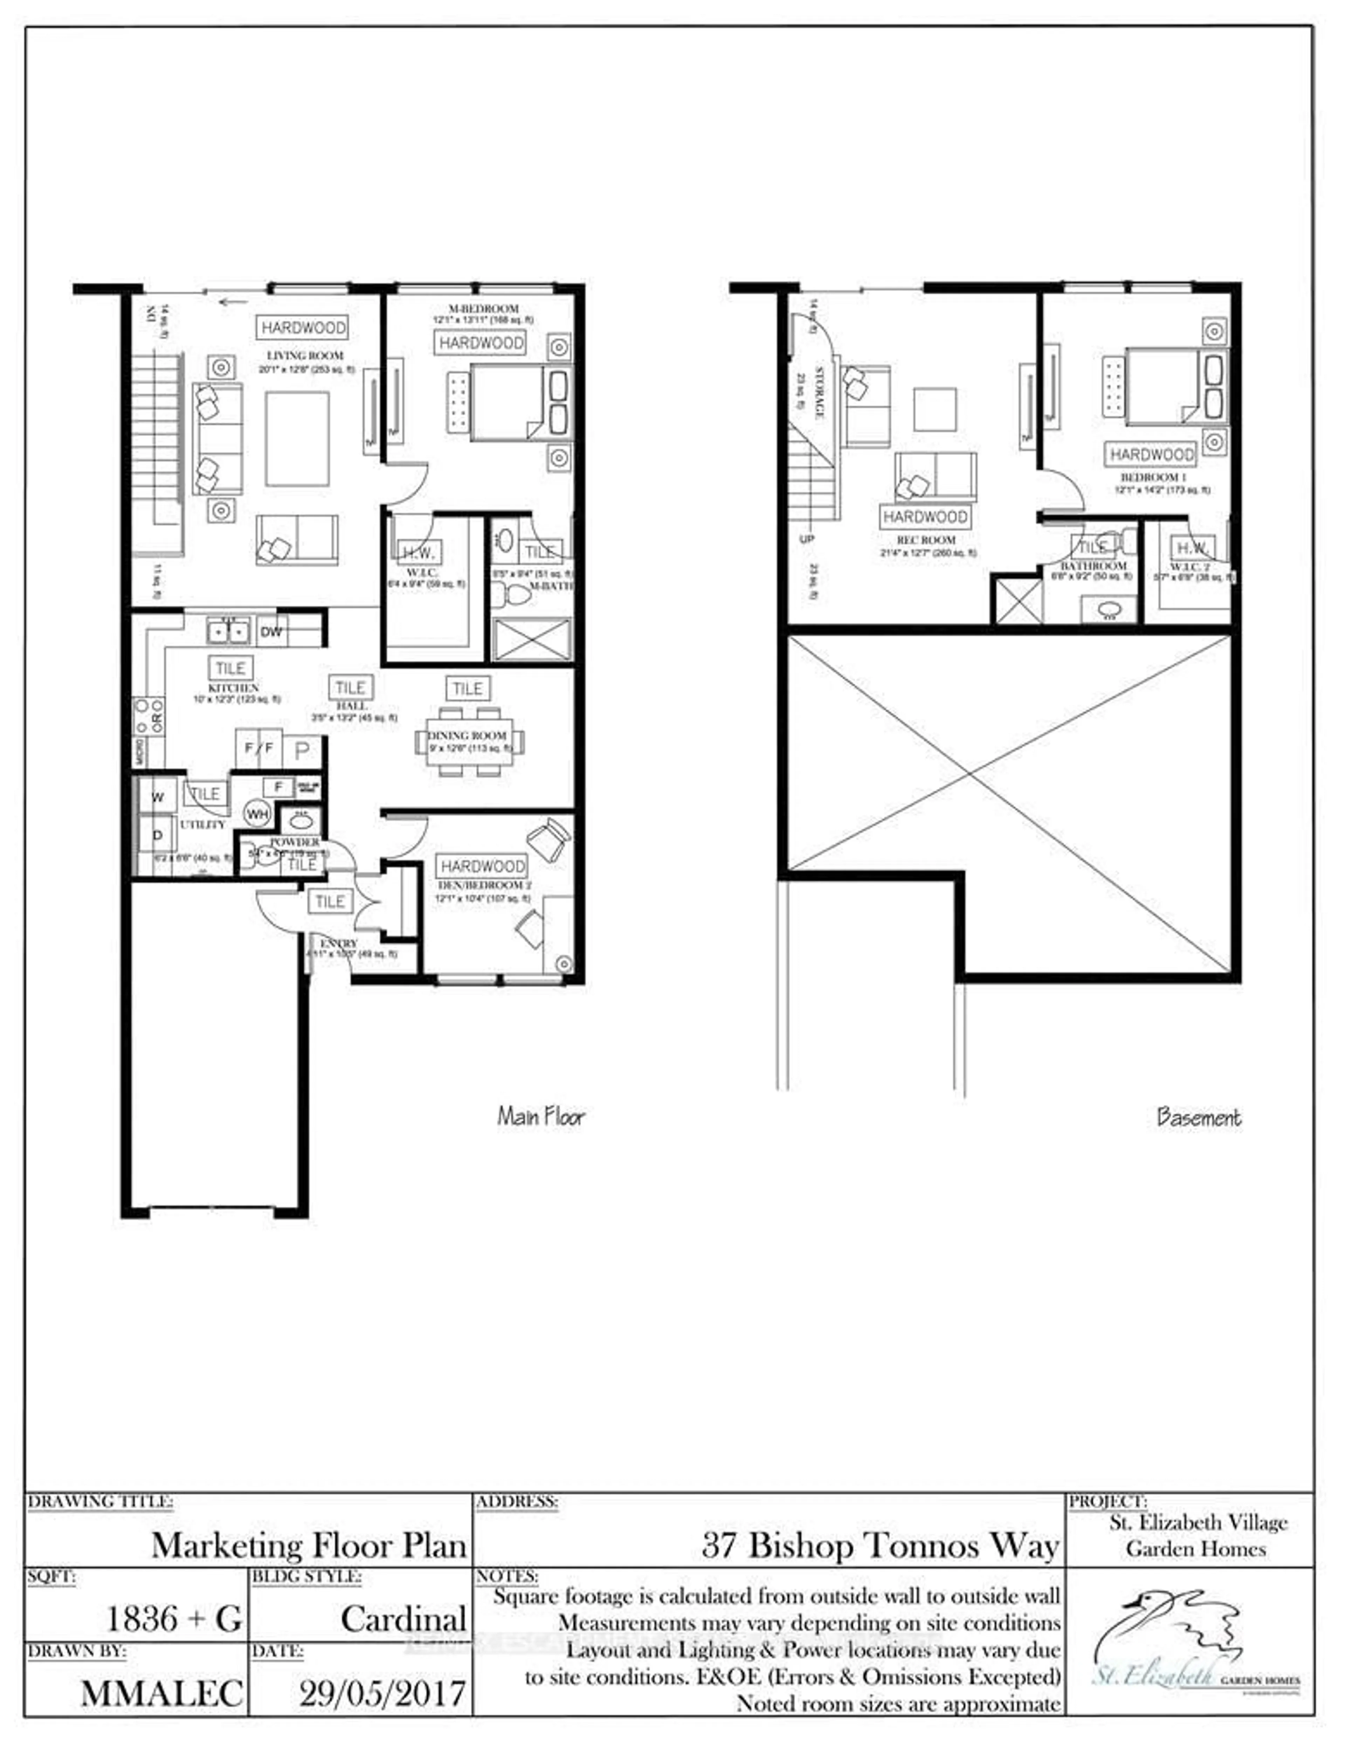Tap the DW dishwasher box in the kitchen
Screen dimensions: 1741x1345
pyautogui.click(x=272, y=632)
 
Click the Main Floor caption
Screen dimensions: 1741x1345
pyautogui.click(x=541, y=1116)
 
